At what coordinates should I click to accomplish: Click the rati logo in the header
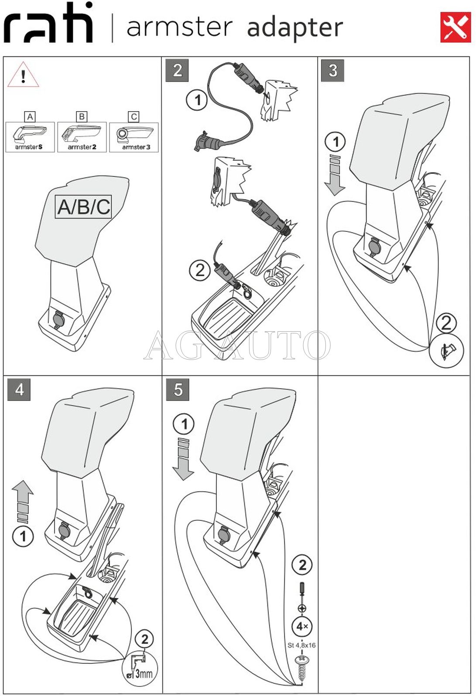pos(48,24)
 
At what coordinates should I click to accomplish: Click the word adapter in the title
pos(295,28)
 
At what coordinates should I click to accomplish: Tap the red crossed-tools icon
pos(455,27)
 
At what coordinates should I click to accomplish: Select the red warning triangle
pos(23,75)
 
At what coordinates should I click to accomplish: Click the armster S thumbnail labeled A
pos(30,137)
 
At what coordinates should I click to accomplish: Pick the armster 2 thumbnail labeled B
pos(82,137)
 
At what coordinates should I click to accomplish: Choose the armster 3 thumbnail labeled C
pos(134,137)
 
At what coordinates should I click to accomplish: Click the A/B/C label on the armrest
pos(84,207)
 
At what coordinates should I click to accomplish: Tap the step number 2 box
pos(177,70)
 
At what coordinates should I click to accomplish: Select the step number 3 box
pos(333,70)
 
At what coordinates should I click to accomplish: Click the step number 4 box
pos(19,389)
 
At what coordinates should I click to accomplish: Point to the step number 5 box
pos(178,389)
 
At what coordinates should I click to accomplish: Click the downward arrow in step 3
pos(335,174)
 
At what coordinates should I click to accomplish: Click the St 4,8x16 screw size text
pos(301,645)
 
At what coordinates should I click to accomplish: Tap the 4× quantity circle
pos(302,627)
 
